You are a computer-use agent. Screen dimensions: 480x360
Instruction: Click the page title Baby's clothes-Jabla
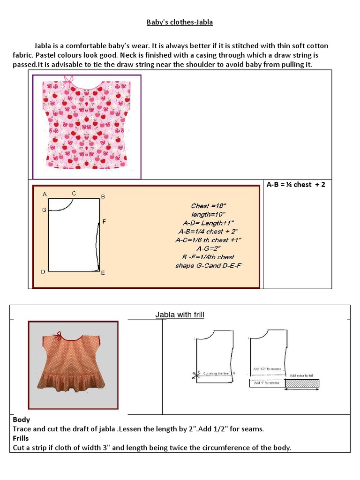(180, 22)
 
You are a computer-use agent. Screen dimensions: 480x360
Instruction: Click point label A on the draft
(45, 194)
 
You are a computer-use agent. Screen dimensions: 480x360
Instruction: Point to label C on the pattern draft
(74, 193)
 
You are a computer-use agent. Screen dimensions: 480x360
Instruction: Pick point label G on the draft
(44, 210)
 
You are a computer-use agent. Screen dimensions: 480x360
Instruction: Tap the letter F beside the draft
(104, 221)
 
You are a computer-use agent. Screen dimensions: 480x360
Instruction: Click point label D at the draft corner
(43, 272)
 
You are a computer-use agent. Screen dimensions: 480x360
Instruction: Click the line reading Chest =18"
(209, 206)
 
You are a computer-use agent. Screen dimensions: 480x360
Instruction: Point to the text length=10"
(209, 214)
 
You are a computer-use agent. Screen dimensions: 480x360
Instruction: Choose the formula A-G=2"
(209, 248)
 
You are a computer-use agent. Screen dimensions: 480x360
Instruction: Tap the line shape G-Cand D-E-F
(209, 266)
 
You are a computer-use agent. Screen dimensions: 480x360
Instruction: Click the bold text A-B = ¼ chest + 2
(296, 185)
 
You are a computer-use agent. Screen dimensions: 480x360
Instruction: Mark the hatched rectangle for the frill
(302, 383)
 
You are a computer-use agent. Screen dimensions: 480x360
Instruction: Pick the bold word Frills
(21, 438)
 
